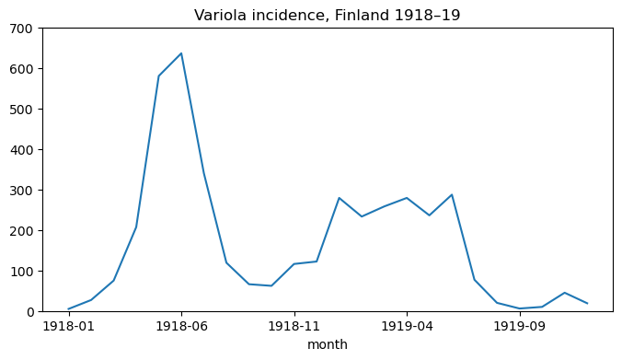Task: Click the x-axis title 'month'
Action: [328, 344]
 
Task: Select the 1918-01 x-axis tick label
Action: [68, 326]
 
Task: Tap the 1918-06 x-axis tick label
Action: [181, 326]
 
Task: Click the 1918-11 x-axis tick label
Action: [294, 326]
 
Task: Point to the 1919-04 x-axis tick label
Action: [407, 326]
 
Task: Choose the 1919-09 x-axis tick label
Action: [520, 326]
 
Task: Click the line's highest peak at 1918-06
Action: [181, 53]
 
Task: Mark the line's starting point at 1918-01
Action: [68, 309]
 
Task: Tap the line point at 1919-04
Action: [407, 198]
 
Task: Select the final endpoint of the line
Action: [587, 304]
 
